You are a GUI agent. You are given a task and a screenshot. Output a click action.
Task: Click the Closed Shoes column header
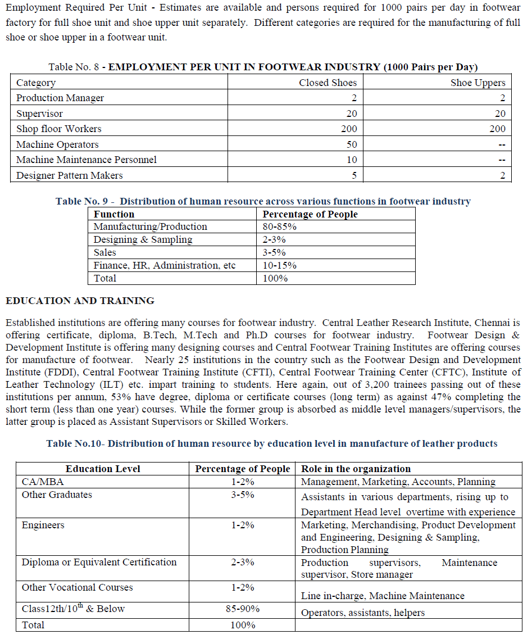[x=328, y=83]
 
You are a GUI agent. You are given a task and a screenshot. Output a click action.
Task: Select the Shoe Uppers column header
[x=478, y=83]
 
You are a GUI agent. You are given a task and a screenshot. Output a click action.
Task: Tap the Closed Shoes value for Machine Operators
[x=351, y=144]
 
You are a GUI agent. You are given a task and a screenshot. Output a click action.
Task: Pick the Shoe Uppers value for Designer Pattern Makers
[x=502, y=175]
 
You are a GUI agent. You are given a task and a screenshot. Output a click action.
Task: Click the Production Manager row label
[x=60, y=98]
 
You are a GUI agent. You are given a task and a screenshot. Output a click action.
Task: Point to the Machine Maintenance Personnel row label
[x=87, y=160]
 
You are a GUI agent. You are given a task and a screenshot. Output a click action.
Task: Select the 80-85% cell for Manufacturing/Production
[x=280, y=227]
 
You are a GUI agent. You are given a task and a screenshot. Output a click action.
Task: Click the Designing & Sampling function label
[x=143, y=240]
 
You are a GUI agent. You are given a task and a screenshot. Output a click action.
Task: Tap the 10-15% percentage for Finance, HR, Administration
[x=280, y=265]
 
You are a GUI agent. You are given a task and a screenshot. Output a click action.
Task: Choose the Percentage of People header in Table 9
[x=310, y=214]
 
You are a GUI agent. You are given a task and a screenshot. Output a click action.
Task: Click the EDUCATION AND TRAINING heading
[x=80, y=301]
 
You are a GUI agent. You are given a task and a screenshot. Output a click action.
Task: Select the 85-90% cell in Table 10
[x=243, y=609]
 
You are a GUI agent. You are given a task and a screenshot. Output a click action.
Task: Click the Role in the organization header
[x=356, y=469]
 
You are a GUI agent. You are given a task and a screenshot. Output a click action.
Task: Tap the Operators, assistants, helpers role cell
[x=363, y=613]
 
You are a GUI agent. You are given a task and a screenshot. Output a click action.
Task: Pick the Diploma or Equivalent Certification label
[x=99, y=562]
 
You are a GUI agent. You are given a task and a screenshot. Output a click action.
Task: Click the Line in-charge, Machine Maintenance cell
[x=383, y=596]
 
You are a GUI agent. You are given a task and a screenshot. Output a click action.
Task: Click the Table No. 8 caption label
[x=74, y=67]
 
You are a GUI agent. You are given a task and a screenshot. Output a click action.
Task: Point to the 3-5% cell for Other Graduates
[x=243, y=495]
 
